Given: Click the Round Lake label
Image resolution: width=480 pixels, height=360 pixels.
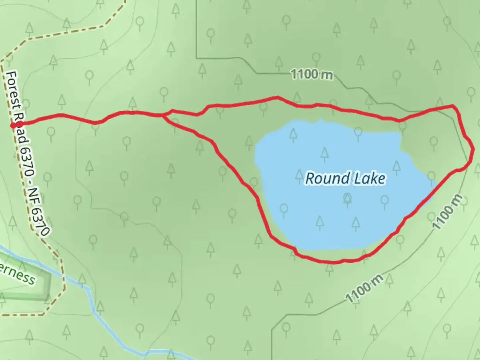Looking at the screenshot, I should click(345, 178).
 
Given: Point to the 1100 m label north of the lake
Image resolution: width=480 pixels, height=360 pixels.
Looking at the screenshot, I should click(312, 74).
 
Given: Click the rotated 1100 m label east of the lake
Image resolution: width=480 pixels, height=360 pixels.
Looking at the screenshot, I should click(448, 212).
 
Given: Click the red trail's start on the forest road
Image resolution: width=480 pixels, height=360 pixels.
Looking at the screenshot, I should click(13, 125).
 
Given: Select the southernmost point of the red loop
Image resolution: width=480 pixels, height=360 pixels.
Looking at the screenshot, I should click(330, 262).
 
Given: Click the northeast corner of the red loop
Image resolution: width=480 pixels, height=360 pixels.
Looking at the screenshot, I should click(453, 106).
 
